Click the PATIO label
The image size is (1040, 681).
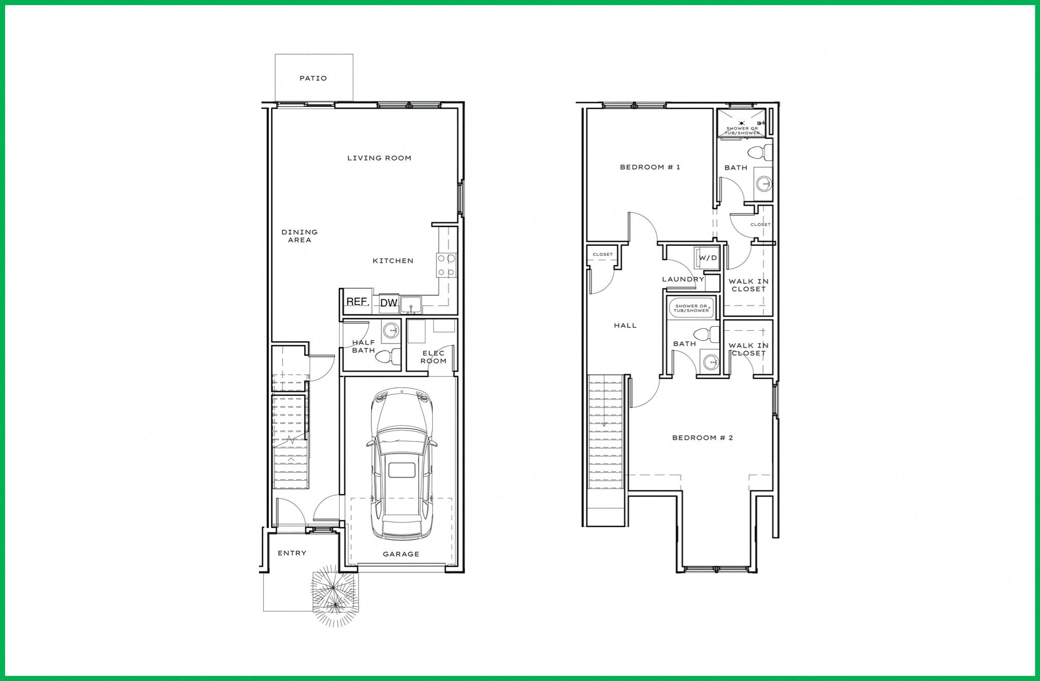(313, 78)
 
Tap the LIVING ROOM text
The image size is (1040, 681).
(379, 158)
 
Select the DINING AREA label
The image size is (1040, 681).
(300, 236)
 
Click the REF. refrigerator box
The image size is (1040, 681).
(357, 301)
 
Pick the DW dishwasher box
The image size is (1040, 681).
(389, 303)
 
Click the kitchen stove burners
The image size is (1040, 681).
(446, 265)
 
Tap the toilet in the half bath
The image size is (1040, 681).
(386, 356)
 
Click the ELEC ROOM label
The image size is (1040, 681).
(433, 357)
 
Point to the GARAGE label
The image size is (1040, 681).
(401, 554)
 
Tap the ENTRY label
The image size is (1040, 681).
(292, 553)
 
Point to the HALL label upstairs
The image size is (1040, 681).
(625, 325)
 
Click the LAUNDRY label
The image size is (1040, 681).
(683, 279)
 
